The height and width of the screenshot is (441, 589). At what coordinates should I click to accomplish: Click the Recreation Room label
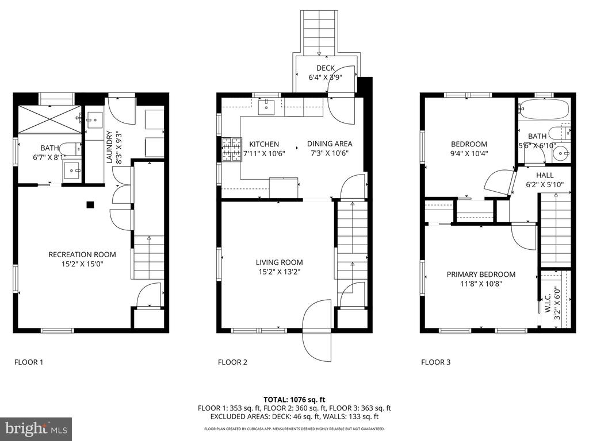82,254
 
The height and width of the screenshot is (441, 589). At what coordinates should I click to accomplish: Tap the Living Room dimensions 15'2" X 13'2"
280,272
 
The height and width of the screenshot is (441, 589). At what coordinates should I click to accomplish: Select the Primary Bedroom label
481,274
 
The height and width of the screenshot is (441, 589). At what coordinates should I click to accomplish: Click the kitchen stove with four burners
232,150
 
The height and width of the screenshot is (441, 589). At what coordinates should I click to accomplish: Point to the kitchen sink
266,107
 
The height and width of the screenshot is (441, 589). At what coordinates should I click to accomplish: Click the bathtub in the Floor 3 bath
543,109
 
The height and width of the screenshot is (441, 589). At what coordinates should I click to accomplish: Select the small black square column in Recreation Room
90,205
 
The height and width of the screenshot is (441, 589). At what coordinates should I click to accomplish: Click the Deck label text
326,68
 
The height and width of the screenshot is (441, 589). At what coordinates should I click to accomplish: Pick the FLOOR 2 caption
232,362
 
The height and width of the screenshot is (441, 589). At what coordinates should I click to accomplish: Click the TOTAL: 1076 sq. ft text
294,400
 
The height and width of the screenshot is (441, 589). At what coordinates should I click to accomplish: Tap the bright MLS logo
36,429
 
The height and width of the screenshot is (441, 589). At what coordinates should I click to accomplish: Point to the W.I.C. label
548,303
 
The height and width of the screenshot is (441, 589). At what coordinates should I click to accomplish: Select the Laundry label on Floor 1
109,147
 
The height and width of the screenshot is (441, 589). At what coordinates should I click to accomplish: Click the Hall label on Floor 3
545,175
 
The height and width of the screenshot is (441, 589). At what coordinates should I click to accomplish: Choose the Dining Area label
330,144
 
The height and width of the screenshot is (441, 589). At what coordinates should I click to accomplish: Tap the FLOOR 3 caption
436,362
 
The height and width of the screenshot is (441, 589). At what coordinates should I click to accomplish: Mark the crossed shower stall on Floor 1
49,119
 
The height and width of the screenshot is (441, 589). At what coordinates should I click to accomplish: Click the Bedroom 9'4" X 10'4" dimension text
469,153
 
